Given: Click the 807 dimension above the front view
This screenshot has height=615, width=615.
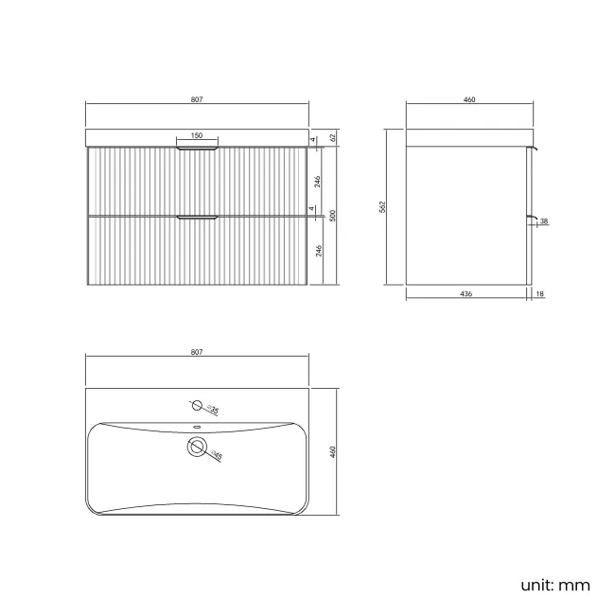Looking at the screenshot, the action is pyautogui.click(x=197, y=99).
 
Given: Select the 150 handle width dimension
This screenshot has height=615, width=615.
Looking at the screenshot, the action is pyautogui.click(x=197, y=135).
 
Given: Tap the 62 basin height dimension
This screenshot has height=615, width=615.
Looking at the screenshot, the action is pyautogui.click(x=333, y=138).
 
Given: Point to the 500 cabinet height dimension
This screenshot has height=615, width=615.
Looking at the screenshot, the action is pyautogui.click(x=333, y=216).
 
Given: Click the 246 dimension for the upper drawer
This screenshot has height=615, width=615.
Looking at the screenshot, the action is pyautogui.click(x=318, y=182).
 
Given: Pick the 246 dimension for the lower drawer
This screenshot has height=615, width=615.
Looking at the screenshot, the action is pyautogui.click(x=319, y=251).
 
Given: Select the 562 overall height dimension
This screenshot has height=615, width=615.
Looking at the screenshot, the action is pyautogui.click(x=382, y=207).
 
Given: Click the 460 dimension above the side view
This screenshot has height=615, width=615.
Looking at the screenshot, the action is pyautogui.click(x=469, y=99).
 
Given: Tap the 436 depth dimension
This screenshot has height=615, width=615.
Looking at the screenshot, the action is pyautogui.click(x=466, y=293).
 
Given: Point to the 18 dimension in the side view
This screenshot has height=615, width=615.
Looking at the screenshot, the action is pyautogui.click(x=539, y=293).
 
